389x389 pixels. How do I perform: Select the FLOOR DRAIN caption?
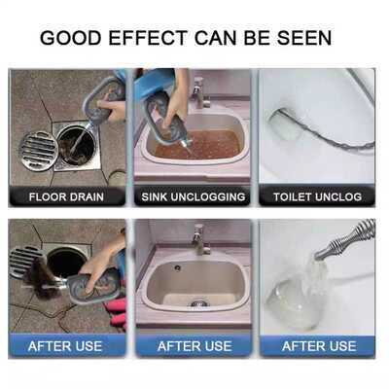66,196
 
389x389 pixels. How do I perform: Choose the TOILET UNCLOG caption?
316,196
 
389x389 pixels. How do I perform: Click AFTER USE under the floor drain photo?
66,345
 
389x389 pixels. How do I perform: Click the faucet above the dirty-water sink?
200,93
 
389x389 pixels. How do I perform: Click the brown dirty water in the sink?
209,146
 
